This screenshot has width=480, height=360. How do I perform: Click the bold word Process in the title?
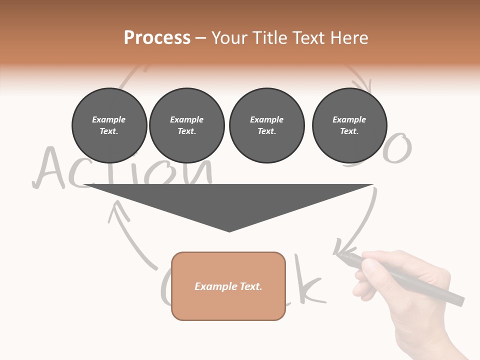pyautogui.click(x=157, y=38)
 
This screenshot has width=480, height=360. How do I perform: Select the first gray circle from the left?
pyautogui.click(x=109, y=125)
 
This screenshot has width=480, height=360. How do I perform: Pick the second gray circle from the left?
pyautogui.click(x=186, y=125)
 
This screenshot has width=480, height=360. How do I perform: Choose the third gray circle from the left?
pyautogui.click(x=266, y=125)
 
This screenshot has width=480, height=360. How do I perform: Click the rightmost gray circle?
pyautogui.click(x=349, y=125)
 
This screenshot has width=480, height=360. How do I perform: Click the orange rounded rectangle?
pyautogui.click(x=228, y=286)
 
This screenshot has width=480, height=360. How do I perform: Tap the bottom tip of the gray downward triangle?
pyautogui.click(x=229, y=231)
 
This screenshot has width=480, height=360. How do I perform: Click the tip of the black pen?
pyautogui.click(x=338, y=254)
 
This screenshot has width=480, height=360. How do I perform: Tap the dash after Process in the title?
pyautogui.click(x=200, y=38)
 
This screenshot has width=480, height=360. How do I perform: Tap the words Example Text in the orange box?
pyautogui.click(x=228, y=286)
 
